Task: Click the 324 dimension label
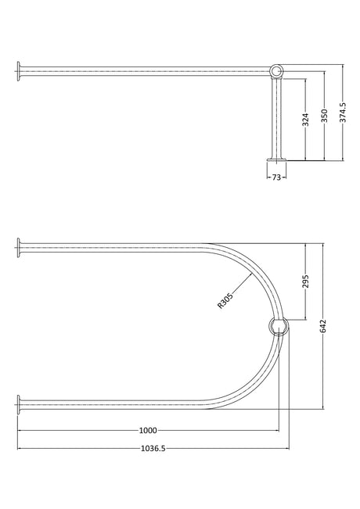[305, 120]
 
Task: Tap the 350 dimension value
[324, 116]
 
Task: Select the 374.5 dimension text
[343, 113]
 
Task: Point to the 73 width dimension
[276, 177]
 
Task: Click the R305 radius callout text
[225, 300]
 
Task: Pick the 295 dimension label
[305, 281]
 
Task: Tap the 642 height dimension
[322, 326]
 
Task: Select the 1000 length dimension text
[148, 431]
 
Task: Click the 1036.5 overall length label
[153, 448]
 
